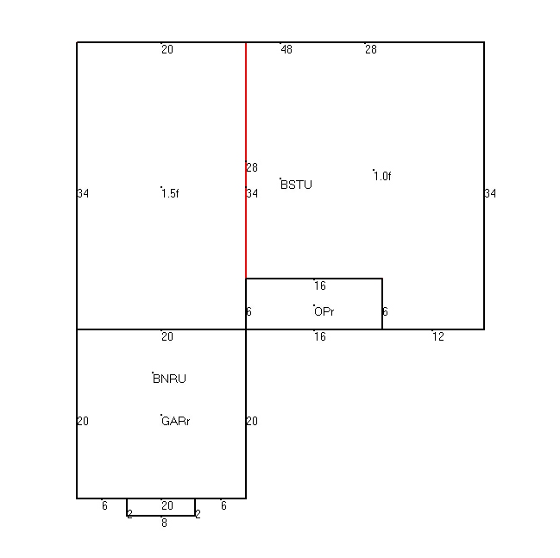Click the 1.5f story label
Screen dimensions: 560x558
[x=170, y=193]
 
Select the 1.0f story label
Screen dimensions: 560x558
[x=382, y=176]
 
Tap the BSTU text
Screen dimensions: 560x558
[x=297, y=185]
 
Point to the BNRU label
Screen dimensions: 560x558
[x=169, y=379]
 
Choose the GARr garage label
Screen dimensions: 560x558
[x=176, y=421]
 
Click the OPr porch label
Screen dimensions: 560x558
[x=324, y=311]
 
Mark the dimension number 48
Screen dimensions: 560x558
[x=286, y=50]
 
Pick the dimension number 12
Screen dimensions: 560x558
[x=438, y=336]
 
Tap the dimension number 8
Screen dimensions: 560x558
[x=164, y=523]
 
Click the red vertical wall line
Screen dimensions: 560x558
[x=246, y=160]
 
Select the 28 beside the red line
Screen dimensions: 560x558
[x=252, y=167]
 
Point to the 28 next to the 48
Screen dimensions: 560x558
[x=371, y=50]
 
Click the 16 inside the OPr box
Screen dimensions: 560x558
[x=320, y=286]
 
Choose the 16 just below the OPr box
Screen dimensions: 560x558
[x=320, y=336]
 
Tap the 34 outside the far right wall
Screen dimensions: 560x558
[x=490, y=193]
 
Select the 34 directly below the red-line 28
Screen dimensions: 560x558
[x=252, y=193]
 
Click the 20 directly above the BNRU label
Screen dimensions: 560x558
[x=167, y=336]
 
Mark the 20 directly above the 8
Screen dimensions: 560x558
[x=167, y=506]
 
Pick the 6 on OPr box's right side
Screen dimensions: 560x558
[x=385, y=311]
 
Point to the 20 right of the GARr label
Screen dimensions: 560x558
[x=252, y=421]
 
